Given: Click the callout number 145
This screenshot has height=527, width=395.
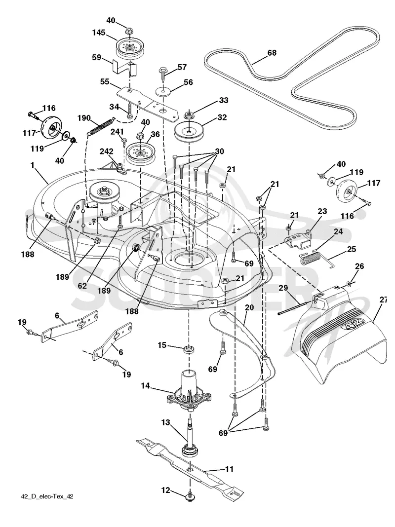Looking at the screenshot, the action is [99, 33].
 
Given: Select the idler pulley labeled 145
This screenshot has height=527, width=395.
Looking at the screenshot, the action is [129, 47].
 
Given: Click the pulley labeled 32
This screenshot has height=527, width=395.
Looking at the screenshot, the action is [190, 132].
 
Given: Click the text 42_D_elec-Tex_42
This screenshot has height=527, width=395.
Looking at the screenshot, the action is [47, 496].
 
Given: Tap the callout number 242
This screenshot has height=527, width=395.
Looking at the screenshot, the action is [106, 151].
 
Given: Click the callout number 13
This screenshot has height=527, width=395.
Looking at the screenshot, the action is [166, 422].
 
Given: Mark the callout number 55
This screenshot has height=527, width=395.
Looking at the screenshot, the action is [105, 82].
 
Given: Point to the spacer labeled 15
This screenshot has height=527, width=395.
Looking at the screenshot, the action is [189, 348].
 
